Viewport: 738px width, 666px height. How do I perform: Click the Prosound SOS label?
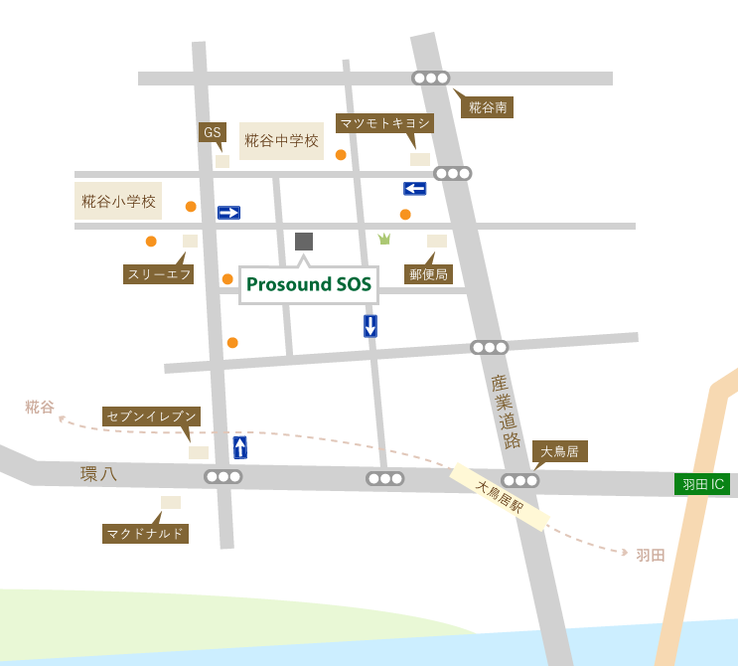click(x=309, y=284)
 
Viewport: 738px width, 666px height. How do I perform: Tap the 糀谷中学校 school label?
click(x=282, y=141)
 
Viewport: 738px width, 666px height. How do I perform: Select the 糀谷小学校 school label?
click(x=118, y=201)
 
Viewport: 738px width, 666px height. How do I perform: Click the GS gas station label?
click(x=212, y=132)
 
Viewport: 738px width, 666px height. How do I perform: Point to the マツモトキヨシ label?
click(x=384, y=123)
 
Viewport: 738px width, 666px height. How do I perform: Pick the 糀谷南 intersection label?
click(x=487, y=107)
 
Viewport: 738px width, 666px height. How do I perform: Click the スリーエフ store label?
click(x=158, y=274)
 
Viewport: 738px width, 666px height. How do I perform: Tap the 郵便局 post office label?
click(x=429, y=273)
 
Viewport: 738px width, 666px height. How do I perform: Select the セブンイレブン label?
click(x=151, y=416)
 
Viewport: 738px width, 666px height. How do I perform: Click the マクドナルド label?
click(x=145, y=534)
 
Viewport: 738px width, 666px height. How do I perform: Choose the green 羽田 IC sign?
click(x=702, y=484)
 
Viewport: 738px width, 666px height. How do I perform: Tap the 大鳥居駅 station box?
click(x=500, y=496)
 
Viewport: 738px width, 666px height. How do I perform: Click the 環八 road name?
click(x=98, y=474)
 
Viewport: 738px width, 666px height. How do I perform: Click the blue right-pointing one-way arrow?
click(x=228, y=213)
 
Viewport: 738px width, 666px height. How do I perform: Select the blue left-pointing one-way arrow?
click(x=415, y=189)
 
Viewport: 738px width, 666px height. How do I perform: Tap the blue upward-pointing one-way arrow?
click(x=240, y=447)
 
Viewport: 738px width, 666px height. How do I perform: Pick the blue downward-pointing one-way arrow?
click(x=370, y=325)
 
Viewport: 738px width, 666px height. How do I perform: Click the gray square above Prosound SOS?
click(x=304, y=241)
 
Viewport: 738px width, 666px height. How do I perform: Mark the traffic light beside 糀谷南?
click(x=431, y=78)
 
